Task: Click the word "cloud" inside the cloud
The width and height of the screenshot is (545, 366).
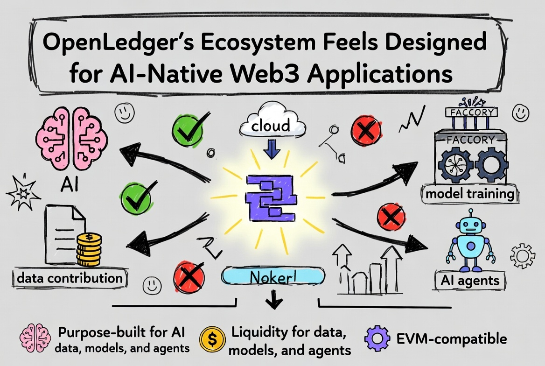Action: [x=271, y=125]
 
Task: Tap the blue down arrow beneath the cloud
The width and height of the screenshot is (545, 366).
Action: [x=272, y=149]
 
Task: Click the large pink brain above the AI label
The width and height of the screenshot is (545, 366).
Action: [x=71, y=139]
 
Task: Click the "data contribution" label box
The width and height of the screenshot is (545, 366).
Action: [x=70, y=278]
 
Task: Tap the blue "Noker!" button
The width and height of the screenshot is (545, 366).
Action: [x=273, y=276]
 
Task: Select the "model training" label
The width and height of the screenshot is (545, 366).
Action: [x=470, y=193]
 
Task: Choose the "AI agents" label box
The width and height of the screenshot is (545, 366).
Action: [x=470, y=281]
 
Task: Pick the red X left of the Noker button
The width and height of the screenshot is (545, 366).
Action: [x=189, y=277]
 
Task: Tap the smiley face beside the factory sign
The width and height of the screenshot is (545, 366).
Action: [x=521, y=113]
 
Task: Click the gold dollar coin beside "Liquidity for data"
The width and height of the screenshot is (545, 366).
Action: [x=212, y=339]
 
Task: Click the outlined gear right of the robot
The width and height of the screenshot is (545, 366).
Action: [x=523, y=256]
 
